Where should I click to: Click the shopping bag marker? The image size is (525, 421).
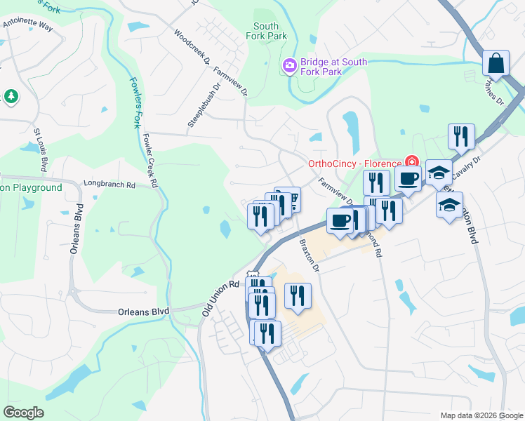pyautogui.click(x=496, y=63)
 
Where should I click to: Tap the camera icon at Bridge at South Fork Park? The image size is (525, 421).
pyautogui.click(x=289, y=66)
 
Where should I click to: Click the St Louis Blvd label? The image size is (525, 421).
pyautogui.click(x=40, y=149)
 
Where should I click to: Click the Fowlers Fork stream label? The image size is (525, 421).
pyautogui.click(x=134, y=102)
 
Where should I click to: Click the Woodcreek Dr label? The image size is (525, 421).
pyautogui.click(x=192, y=47)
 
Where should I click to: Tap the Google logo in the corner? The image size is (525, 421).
pyautogui.click(x=24, y=412)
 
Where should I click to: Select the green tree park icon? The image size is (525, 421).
pyautogui.click(x=11, y=95)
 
